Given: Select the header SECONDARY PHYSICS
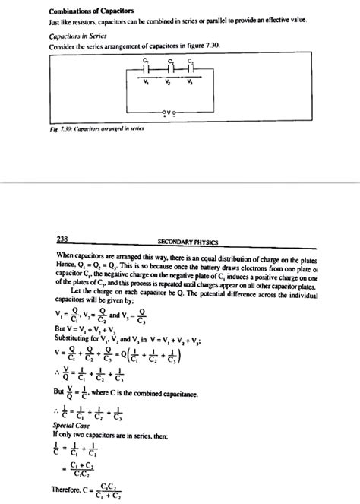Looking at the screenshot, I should pyautogui.click(x=187, y=242).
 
